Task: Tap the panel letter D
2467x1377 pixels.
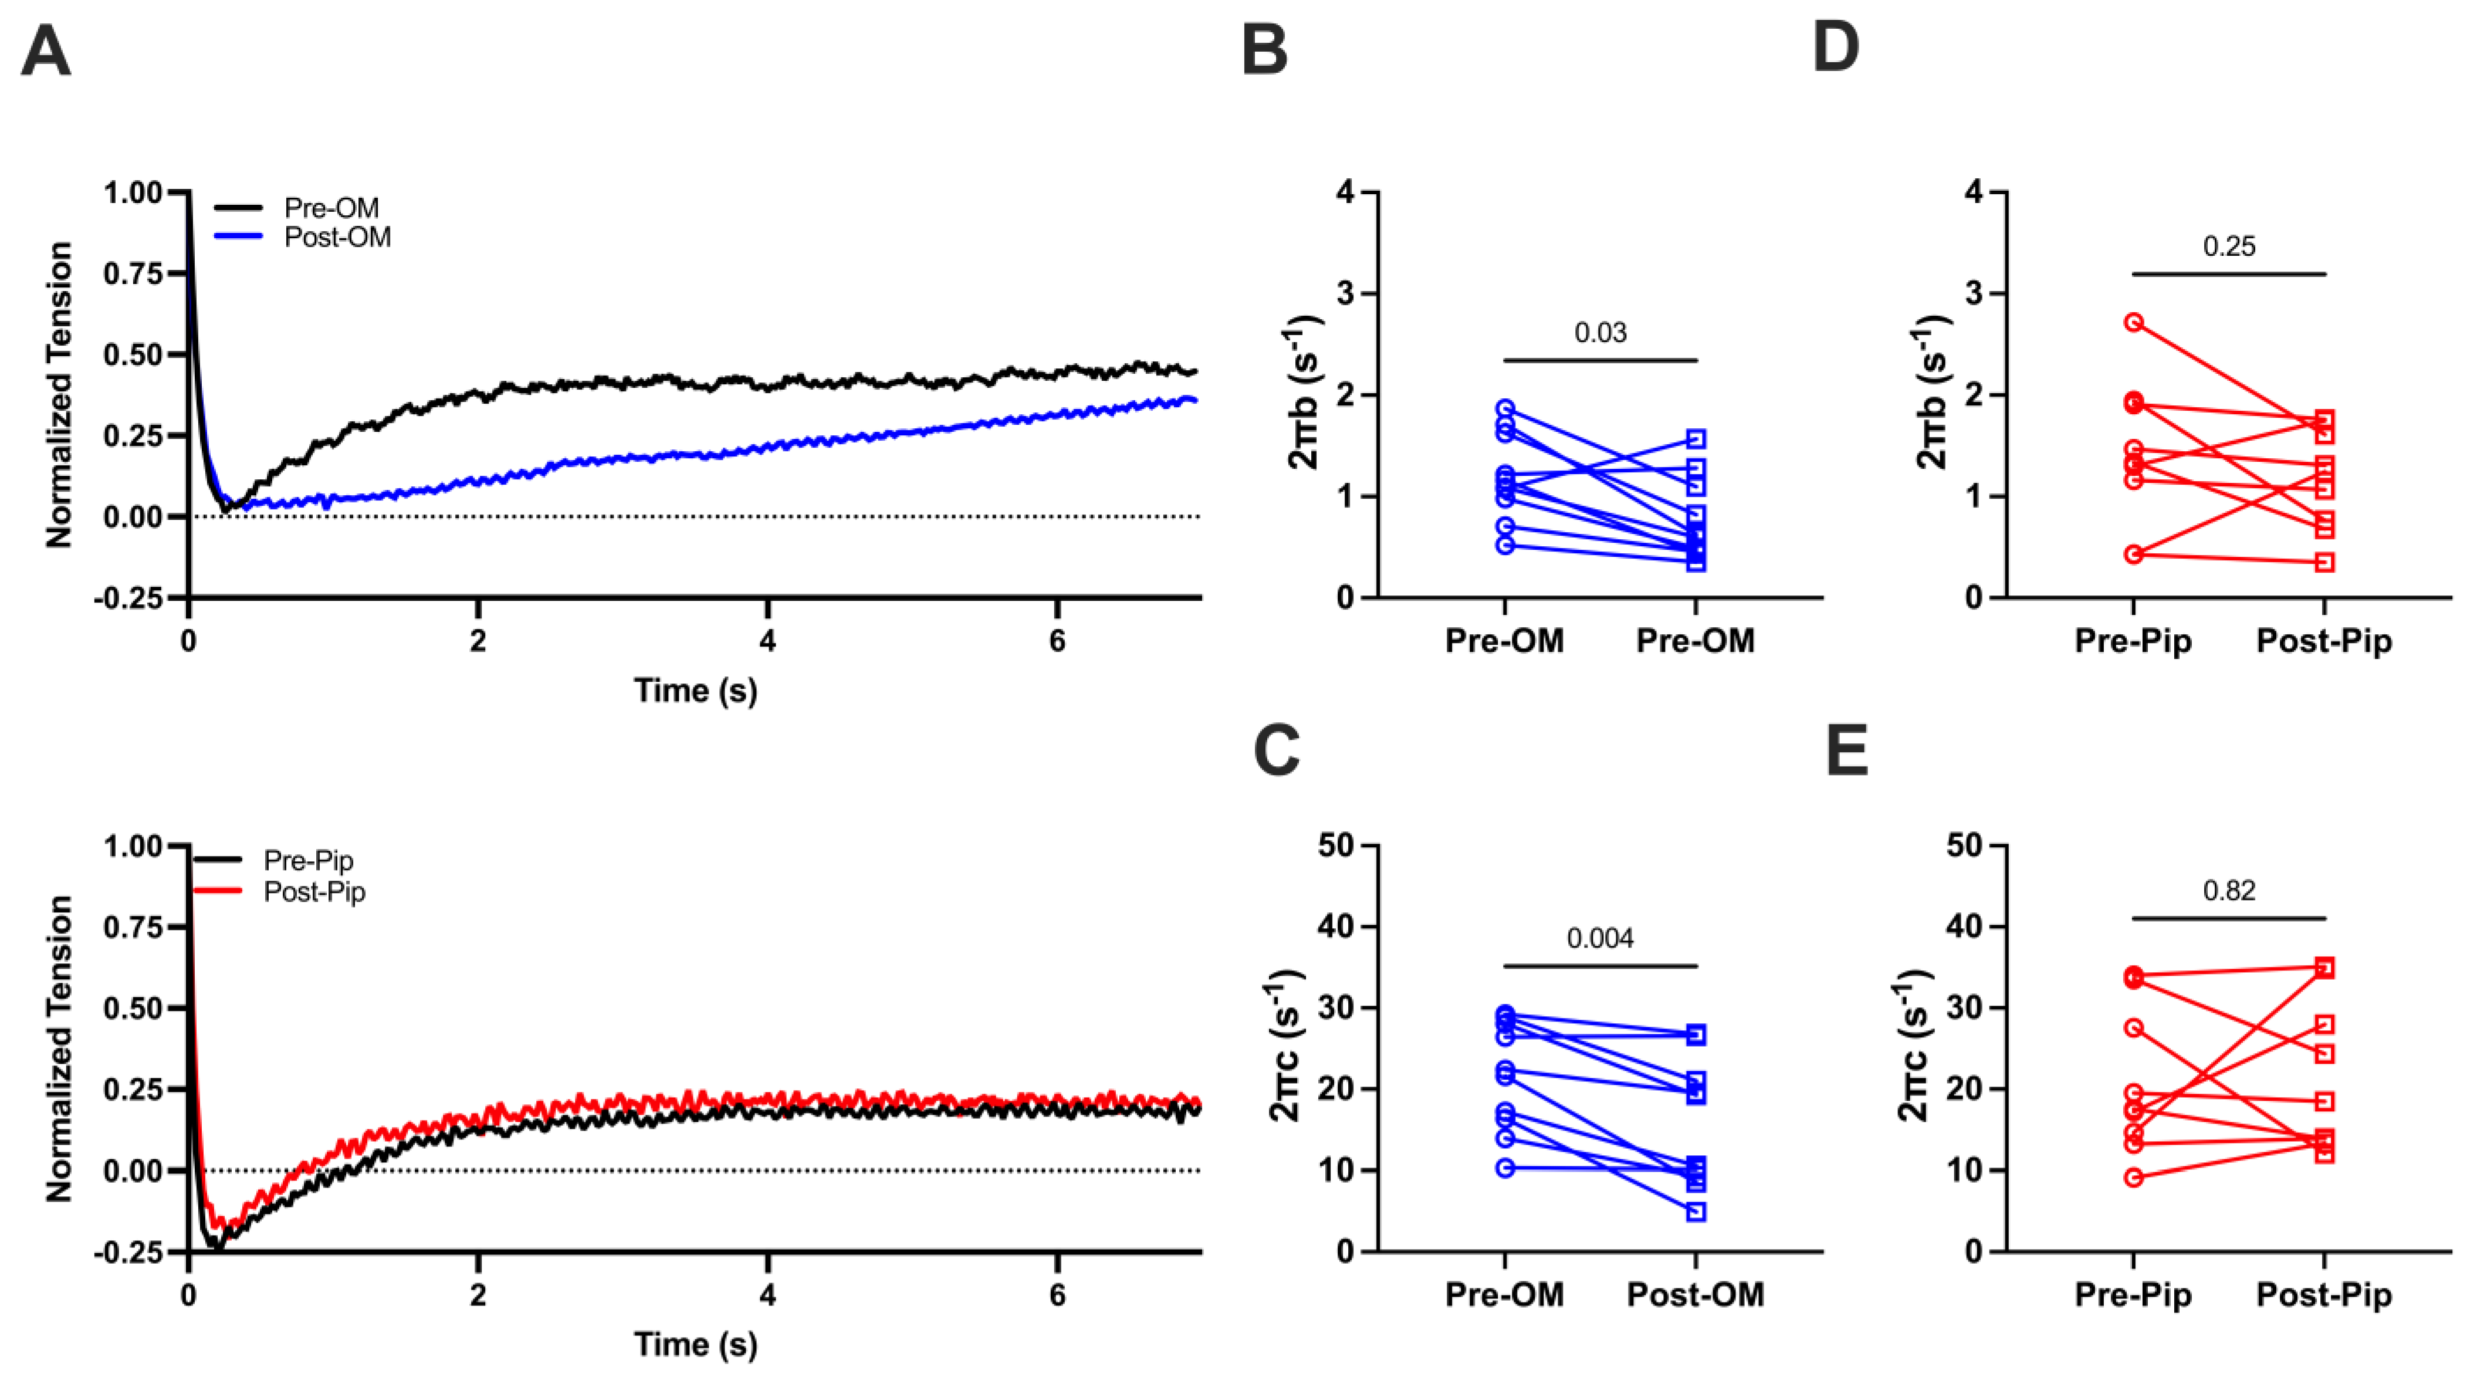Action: pyautogui.click(x=1835, y=48)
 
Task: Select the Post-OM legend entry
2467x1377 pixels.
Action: pyautogui.click(x=337, y=238)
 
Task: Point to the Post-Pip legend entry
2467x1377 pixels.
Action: pyautogui.click(x=314, y=892)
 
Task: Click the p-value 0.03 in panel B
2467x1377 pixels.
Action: pyautogui.click(x=1600, y=333)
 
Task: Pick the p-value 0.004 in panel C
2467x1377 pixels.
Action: pyautogui.click(x=1600, y=938)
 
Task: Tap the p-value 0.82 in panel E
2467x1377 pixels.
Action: pyautogui.click(x=2229, y=891)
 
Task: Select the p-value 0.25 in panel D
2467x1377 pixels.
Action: pyautogui.click(x=2229, y=247)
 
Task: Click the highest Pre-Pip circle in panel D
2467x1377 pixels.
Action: pyautogui.click(x=2134, y=323)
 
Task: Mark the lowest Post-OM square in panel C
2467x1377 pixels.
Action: pyautogui.click(x=1696, y=1212)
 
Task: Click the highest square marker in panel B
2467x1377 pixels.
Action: pyautogui.click(x=1696, y=439)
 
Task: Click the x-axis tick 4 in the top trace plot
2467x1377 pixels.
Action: pyautogui.click(x=767, y=641)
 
